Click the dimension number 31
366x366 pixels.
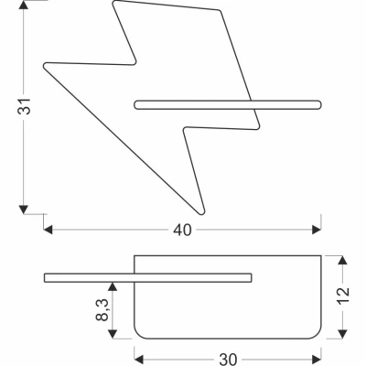point(24,106)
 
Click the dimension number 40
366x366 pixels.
point(182,230)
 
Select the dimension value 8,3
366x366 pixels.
point(102,310)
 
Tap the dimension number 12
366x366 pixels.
point(343,296)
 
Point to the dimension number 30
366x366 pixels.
point(228,360)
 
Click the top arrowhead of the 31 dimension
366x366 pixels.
point(24,5)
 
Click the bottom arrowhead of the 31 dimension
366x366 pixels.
point(24,210)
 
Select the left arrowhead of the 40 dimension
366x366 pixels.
point(48,230)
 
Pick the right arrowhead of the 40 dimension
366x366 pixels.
point(317,230)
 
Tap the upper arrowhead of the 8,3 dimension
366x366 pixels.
point(113,286)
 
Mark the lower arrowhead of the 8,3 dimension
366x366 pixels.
point(113,334)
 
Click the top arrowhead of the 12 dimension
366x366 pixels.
point(343,260)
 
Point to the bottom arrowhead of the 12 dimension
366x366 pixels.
point(343,334)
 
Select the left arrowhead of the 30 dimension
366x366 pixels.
point(139,359)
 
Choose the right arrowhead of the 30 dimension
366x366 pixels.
point(317,359)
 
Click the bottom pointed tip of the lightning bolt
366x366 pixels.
point(201,213)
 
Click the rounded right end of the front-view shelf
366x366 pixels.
point(320,104)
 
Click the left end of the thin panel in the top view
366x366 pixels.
point(45,278)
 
